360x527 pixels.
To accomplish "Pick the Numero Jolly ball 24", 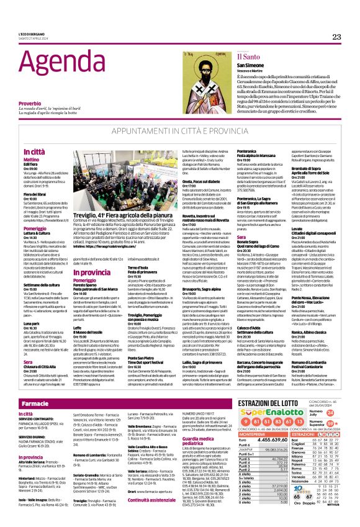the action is coord(330,413).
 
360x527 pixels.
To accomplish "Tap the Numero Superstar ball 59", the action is coord(330,424).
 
